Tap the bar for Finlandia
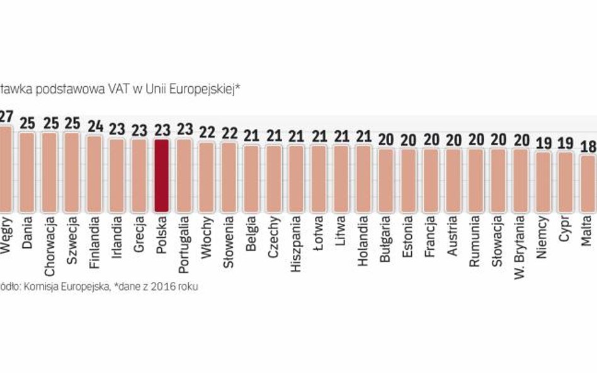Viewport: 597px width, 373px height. [94, 174]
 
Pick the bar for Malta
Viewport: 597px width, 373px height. [587, 183]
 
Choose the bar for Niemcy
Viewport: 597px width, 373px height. [542, 181]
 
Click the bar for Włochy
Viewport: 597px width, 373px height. [207, 177]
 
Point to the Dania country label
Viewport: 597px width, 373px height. [27, 233]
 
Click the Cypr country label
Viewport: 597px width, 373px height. [565, 230]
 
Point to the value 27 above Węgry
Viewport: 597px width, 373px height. [6, 117]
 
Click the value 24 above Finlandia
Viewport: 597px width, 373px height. [94, 126]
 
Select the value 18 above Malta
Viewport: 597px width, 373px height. [588, 146]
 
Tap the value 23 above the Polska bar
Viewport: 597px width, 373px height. [162, 130]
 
